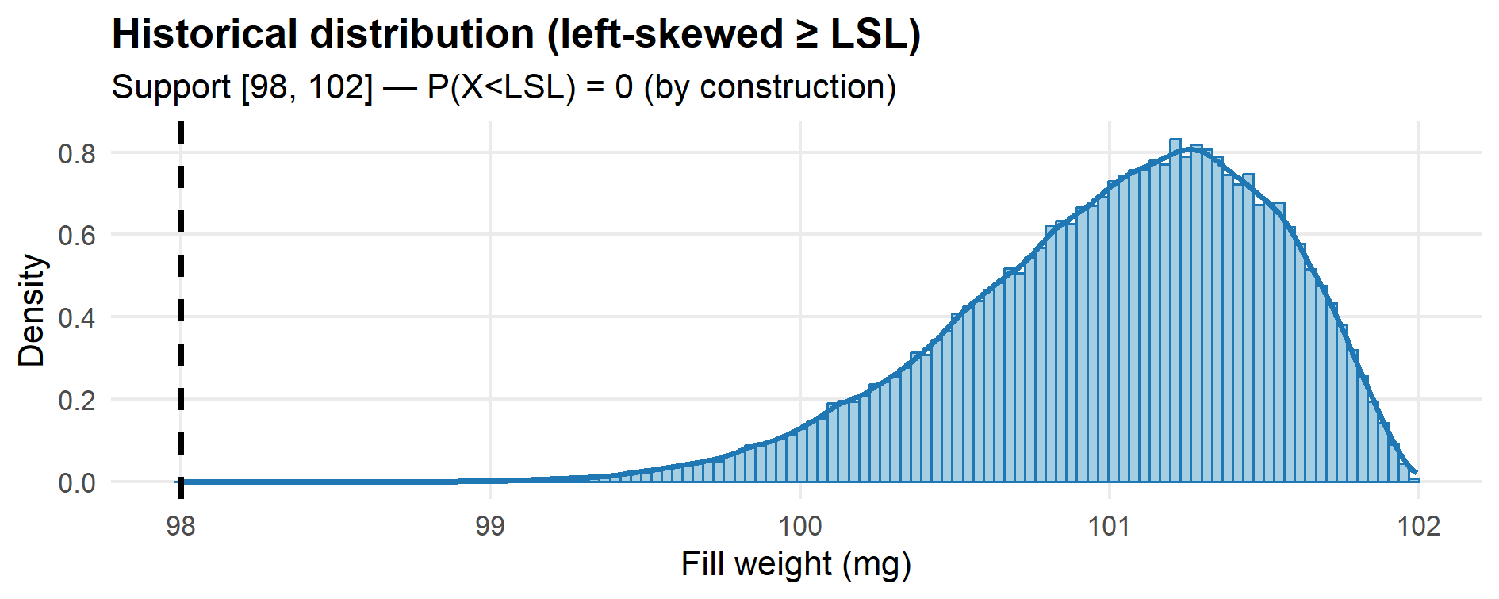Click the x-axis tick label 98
pyautogui.click(x=181, y=526)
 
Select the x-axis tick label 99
pyautogui.click(x=490, y=526)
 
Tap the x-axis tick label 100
pyautogui.click(x=799, y=526)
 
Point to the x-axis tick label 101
pyautogui.click(x=1109, y=526)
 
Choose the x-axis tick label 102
pyautogui.click(x=1418, y=526)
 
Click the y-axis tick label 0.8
pyautogui.click(x=77, y=153)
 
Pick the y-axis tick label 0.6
pyautogui.click(x=77, y=236)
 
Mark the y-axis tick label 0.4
pyautogui.click(x=77, y=318)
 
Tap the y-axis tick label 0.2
pyautogui.click(x=77, y=400)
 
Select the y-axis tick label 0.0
pyautogui.click(x=77, y=482)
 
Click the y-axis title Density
pyautogui.click(x=32, y=310)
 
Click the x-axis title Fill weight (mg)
pyautogui.click(x=796, y=565)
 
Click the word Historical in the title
pyautogui.click(x=204, y=35)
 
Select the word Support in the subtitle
pyautogui.click(x=171, y=87)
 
